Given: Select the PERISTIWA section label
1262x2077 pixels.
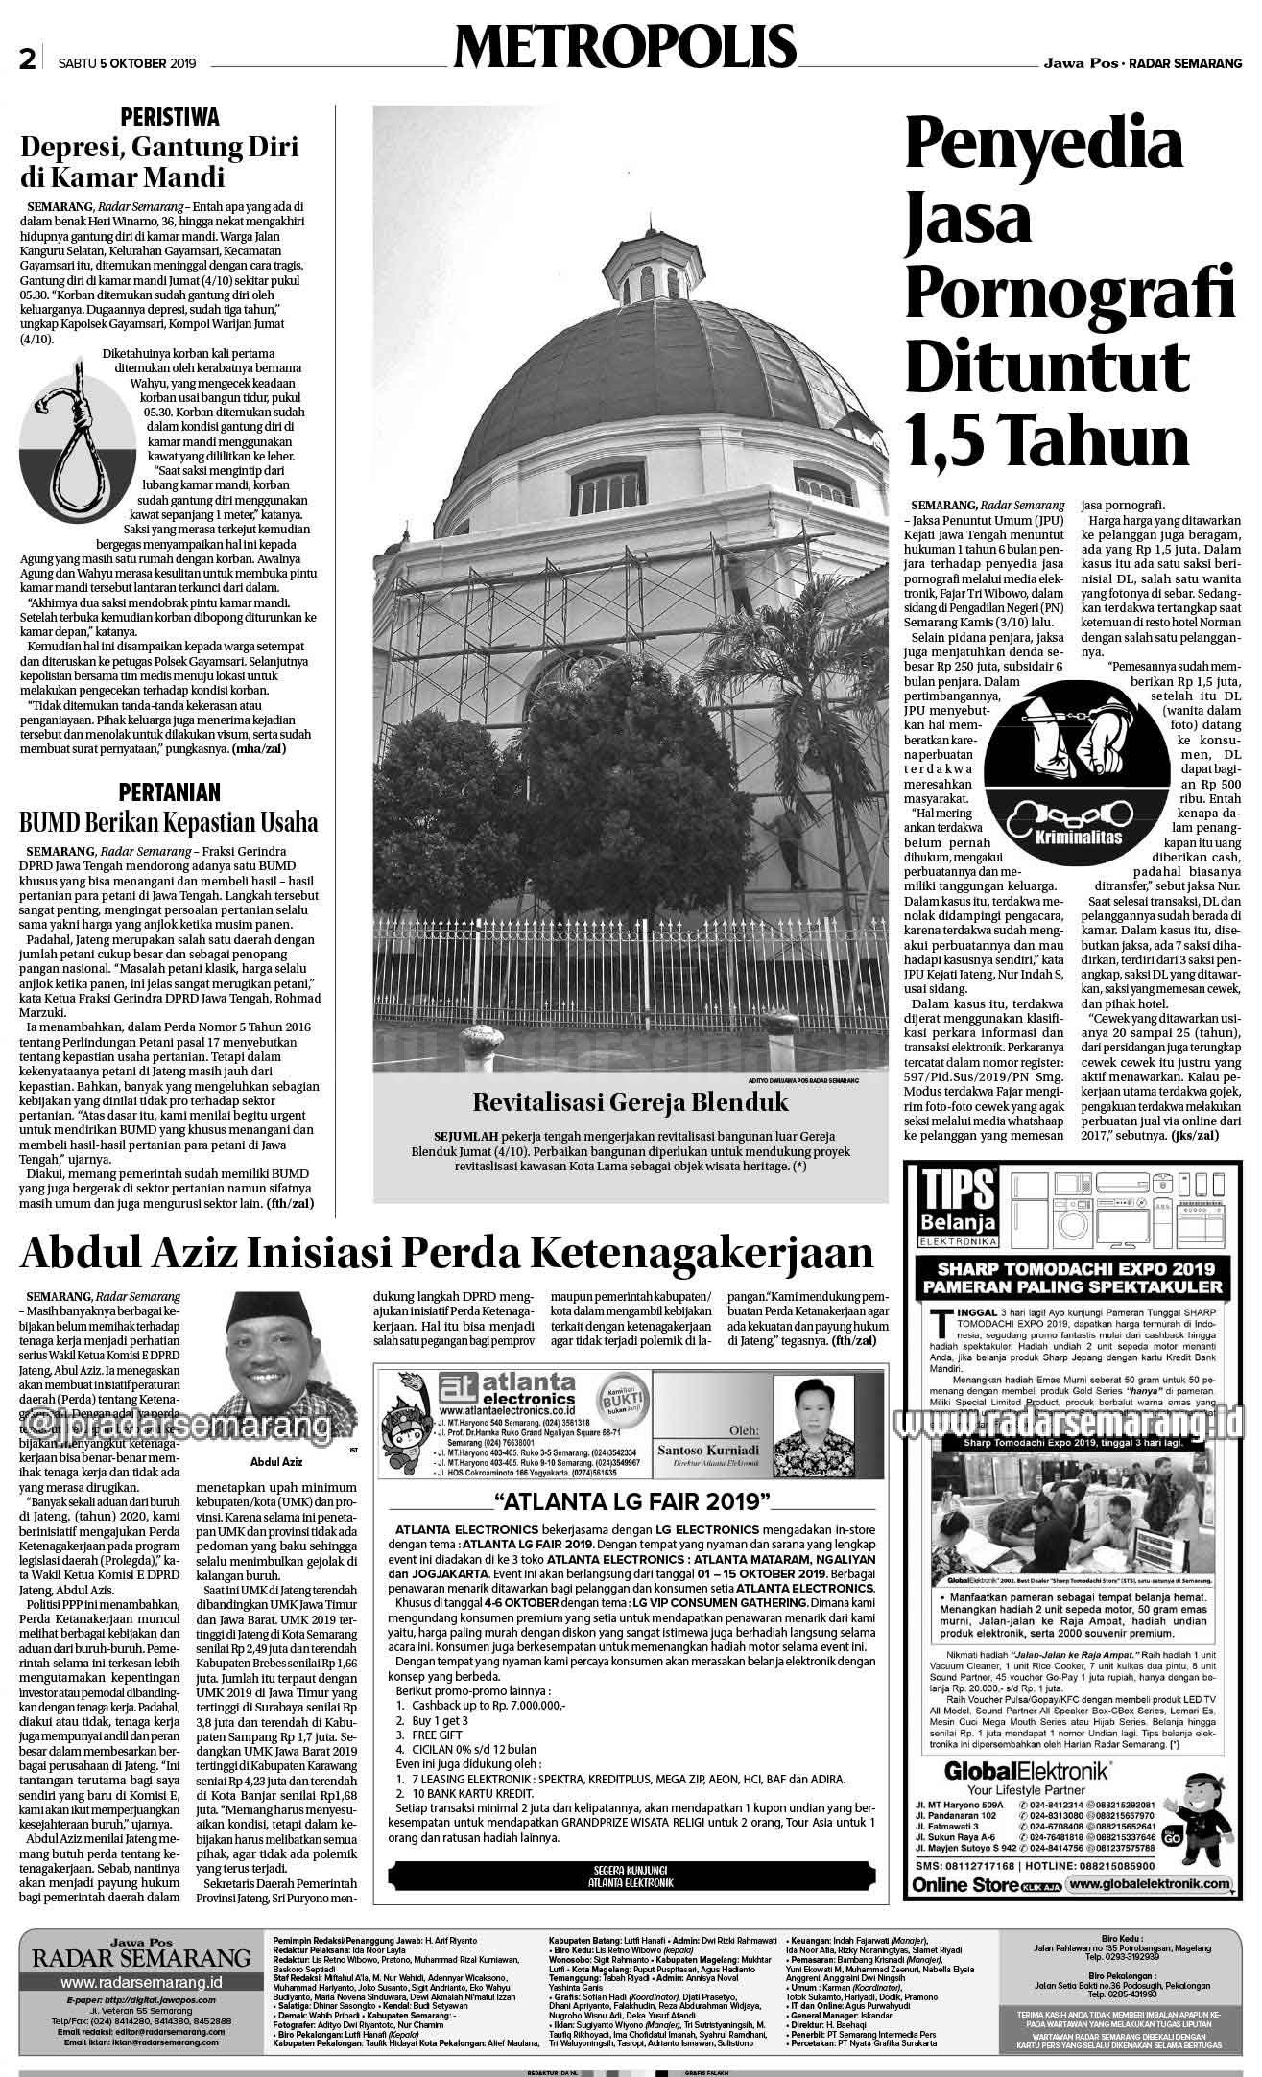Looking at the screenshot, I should pos(169,117).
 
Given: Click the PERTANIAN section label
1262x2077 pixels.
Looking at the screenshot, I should pos(169,791).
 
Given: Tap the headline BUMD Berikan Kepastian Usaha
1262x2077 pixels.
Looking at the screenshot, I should pos(169,823).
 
